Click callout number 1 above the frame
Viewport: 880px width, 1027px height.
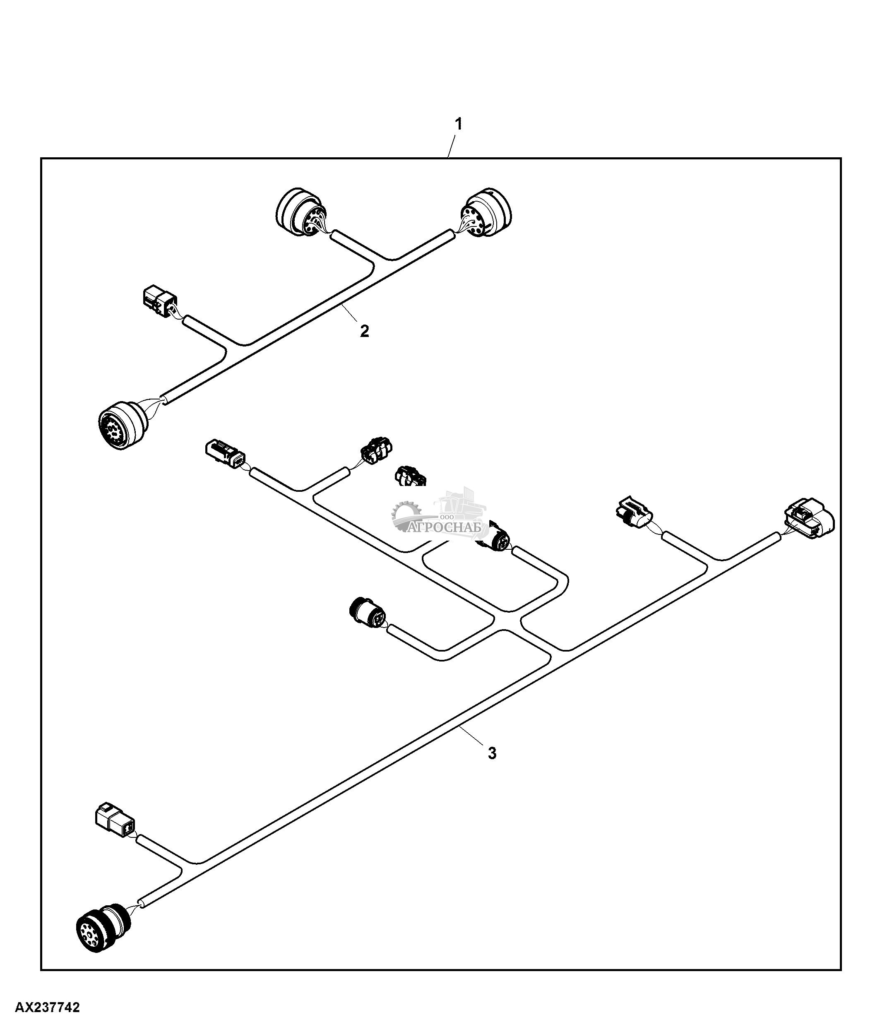pos(459,124)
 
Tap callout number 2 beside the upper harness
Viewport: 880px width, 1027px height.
pos(364,331)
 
